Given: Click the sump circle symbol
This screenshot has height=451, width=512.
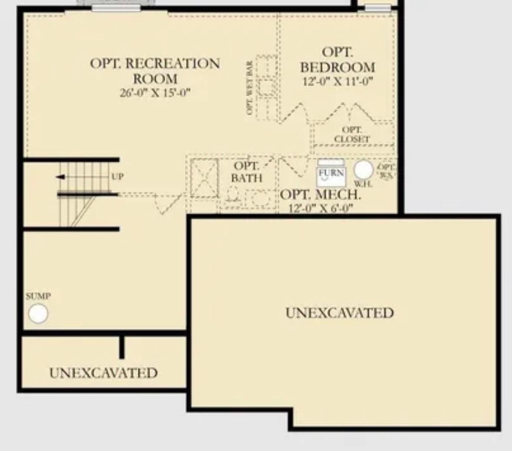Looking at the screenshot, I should point(38,313).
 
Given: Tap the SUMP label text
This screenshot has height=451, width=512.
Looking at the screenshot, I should point(38,296).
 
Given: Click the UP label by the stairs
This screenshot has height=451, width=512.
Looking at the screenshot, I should point(117,177).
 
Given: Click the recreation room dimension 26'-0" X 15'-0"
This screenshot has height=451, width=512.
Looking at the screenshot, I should point(155,92).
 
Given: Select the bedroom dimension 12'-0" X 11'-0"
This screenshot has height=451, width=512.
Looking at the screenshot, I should point(337,81).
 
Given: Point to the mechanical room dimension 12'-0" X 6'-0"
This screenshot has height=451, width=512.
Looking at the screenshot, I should point(320,208).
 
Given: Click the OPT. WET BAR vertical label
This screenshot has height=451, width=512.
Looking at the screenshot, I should point(249,88).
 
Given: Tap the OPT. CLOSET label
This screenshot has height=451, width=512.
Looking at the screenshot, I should point(352,135).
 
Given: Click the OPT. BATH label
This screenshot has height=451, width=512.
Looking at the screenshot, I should point(246,172).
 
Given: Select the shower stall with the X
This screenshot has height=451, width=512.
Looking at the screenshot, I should point(204,178).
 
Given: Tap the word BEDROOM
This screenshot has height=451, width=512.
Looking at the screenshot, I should point(337,67).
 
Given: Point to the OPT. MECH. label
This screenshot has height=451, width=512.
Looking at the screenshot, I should point(320,195).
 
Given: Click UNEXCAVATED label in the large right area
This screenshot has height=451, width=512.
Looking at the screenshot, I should point(339,313).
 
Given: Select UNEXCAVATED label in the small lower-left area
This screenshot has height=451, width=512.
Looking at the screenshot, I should point(103,372).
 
